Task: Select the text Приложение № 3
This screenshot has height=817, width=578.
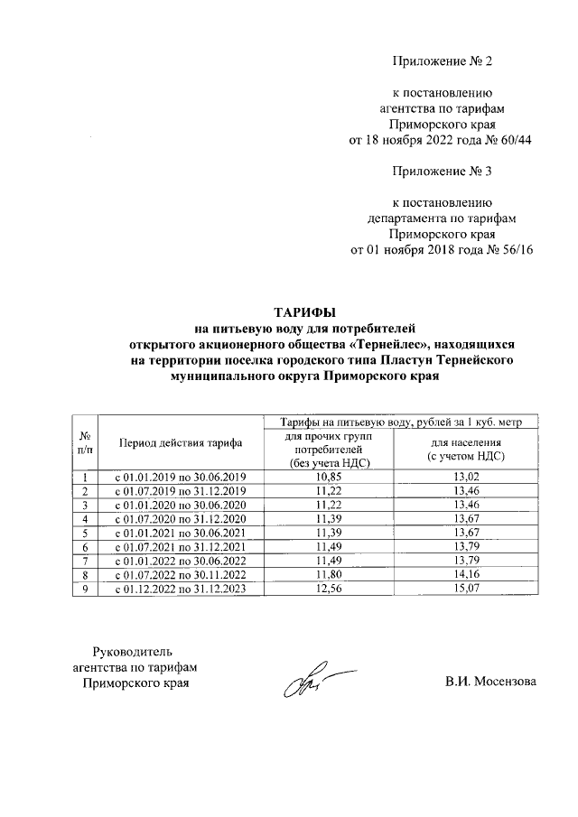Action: click(443, 171)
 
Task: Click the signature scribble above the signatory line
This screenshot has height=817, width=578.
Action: click(312, 683)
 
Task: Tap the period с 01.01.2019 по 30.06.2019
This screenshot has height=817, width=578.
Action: click(179, 477)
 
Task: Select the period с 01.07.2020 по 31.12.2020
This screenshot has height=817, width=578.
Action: click(179, 519)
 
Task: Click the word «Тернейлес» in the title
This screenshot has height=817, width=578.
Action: click(377, 345)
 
